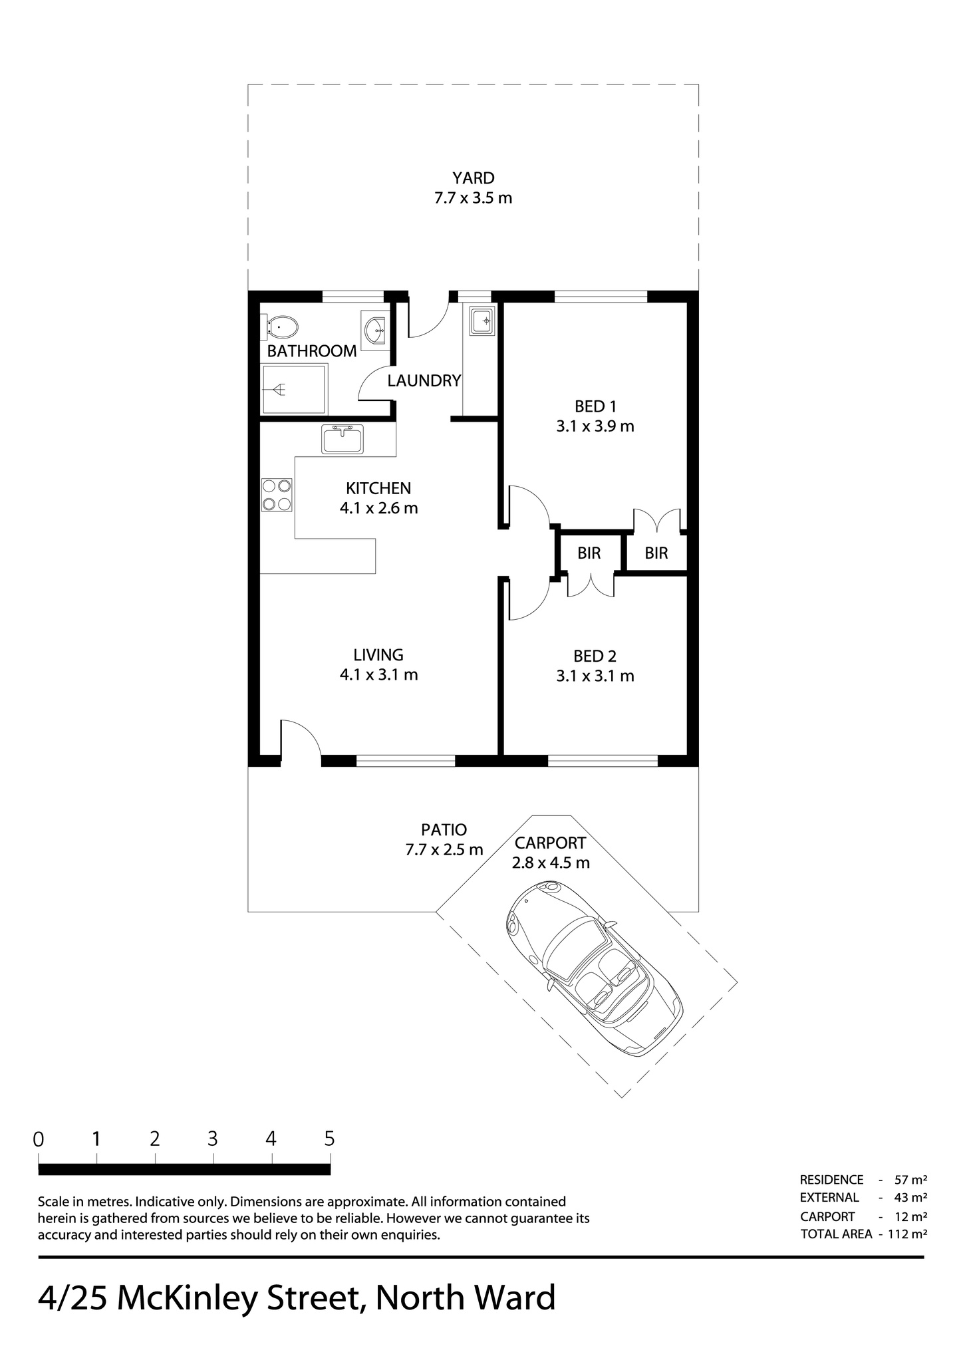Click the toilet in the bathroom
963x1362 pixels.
[282, 327]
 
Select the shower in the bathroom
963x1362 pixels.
[295, 389]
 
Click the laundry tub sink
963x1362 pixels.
[481, 321]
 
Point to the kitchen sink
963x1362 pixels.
[343, 439]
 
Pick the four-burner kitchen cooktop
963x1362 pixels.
[277, 495]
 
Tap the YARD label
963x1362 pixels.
[474, 178]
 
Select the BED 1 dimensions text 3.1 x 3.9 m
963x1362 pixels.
[595, 426]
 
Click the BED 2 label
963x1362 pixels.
[595, 656]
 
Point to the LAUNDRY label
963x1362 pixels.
[424, 381]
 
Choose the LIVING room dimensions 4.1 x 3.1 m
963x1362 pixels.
[379, 674]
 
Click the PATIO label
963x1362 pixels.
[444, 830]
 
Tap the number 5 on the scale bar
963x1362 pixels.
[329, 1139]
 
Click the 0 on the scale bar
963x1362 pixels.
[39, 1139]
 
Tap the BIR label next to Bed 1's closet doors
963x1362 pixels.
[656, 553]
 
